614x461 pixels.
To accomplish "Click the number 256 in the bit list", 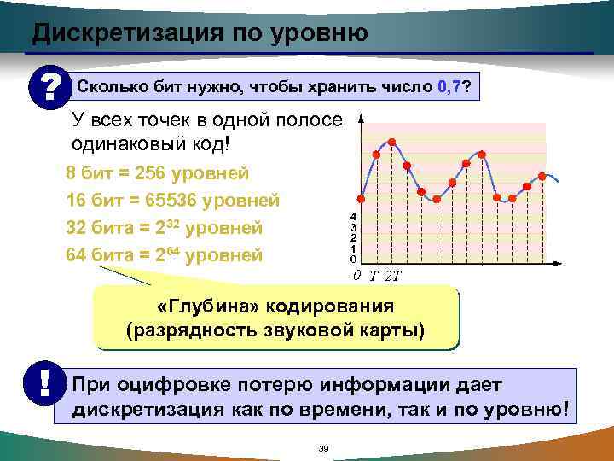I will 146,173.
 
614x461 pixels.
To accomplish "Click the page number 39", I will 323,449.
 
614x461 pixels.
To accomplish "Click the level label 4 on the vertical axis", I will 353,217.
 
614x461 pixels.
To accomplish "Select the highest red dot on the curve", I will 391,141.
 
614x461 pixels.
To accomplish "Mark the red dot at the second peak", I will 482,155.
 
